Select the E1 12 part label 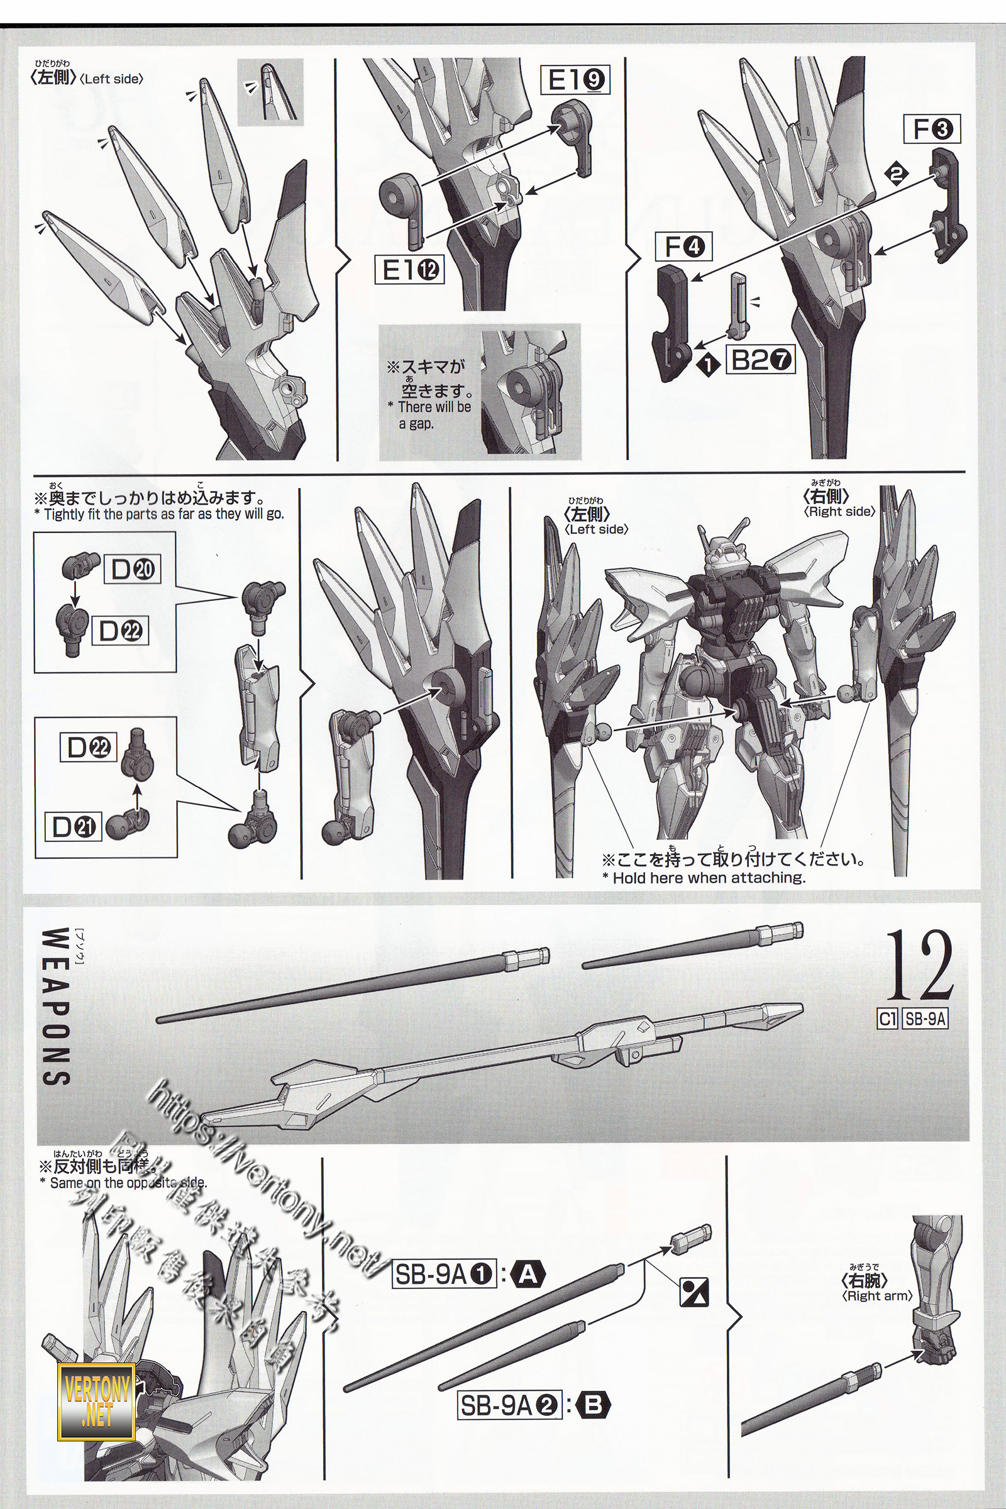(409, 272)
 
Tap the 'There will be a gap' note (428, 414)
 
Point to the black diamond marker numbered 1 (709, 365)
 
